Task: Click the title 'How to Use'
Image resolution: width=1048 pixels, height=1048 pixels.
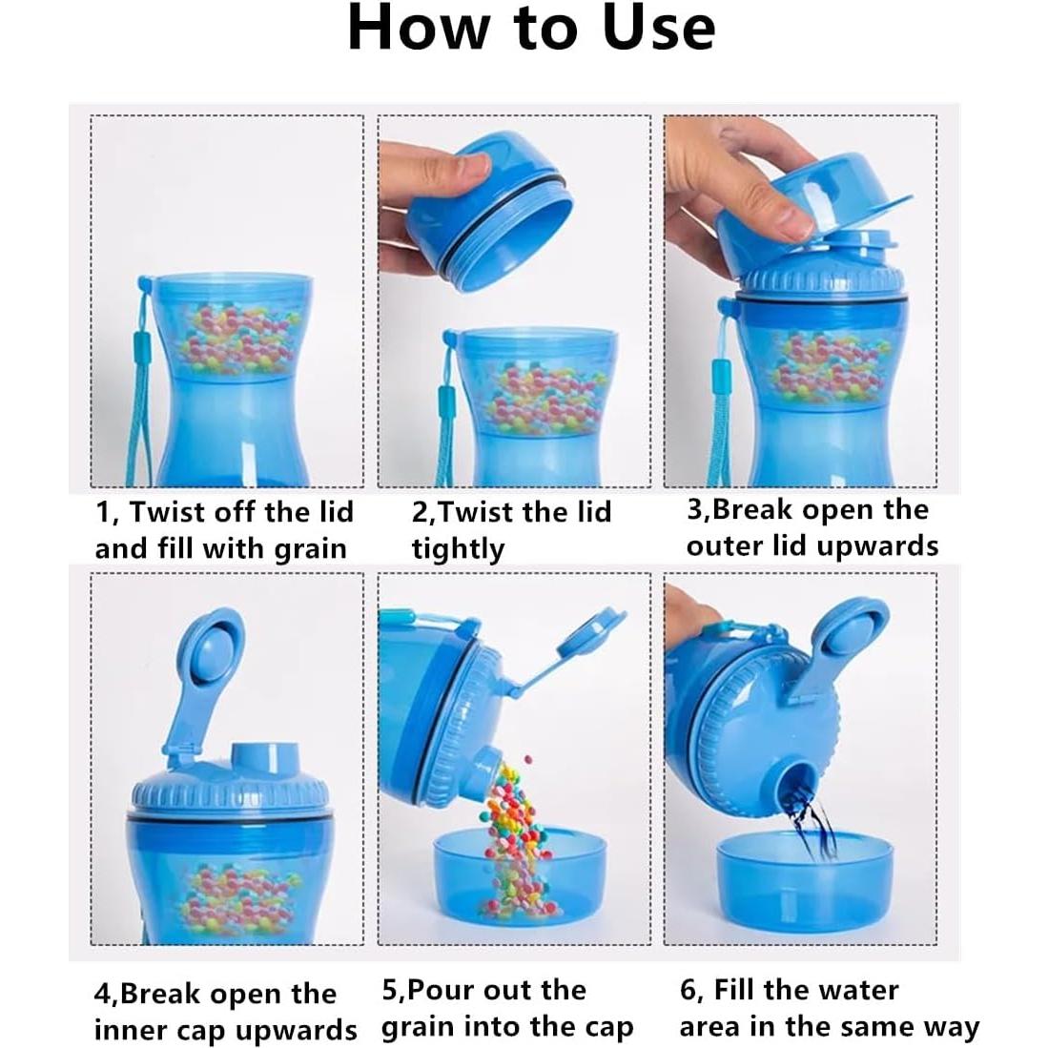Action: point(530,29)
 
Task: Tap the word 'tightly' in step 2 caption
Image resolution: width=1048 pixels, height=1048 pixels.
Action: point(458,550)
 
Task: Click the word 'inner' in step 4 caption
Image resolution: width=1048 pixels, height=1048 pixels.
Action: point(128,1031)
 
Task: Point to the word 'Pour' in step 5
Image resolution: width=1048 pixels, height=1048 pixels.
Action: point(442,990)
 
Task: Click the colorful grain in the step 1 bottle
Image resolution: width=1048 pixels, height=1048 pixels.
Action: point(234,339)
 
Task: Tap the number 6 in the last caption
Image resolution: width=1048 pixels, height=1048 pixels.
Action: point(688,990)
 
